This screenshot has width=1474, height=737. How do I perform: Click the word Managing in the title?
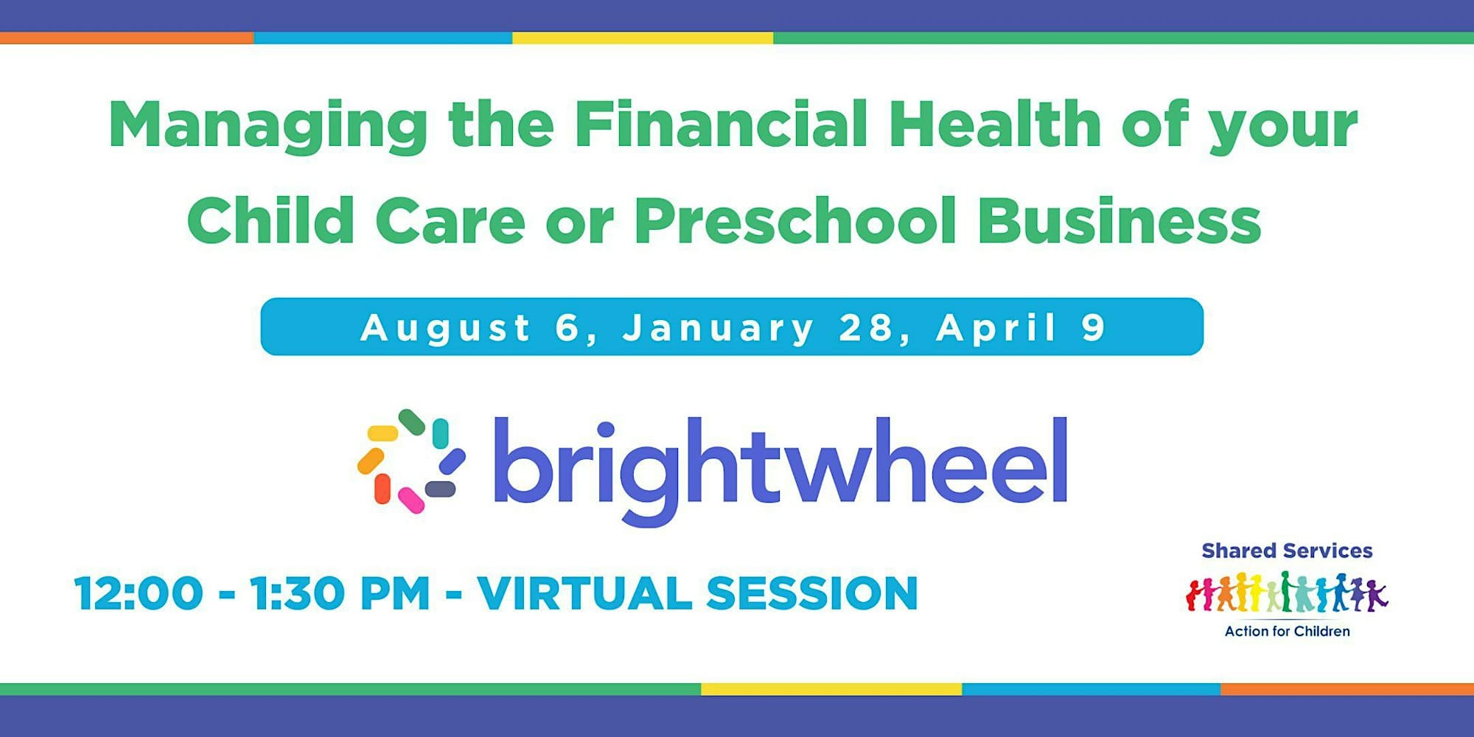(x=268, y=126)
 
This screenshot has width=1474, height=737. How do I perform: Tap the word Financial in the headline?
(x=720, y=123)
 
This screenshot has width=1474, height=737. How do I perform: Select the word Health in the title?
(x=995, y=123)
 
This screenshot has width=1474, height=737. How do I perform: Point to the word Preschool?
(x=794, y=220)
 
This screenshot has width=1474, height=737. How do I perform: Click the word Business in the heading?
(x=1120, y=220)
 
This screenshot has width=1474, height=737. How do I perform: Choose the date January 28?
(x=766, y=328)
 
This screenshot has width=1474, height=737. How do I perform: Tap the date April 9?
(x=1021, y=327)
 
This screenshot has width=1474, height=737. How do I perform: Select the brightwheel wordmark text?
(x=780, y=469)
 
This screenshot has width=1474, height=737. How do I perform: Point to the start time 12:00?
(x=139, y=593)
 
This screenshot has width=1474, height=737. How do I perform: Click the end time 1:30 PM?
(x=340, y=593)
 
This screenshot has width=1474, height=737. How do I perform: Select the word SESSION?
(x=812, y=593)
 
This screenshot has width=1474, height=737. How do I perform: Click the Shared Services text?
(x=1287, y=551)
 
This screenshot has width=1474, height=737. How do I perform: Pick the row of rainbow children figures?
(x=1287, y=593)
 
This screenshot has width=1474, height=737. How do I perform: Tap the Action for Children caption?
(x=1287, y=631)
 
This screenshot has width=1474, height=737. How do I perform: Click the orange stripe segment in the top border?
(x=127, y=38)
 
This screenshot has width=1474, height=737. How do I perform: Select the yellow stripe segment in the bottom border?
(x=831, y=689)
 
